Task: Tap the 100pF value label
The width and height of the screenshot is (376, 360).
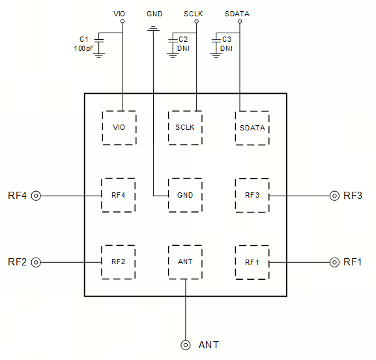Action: pos(83,48)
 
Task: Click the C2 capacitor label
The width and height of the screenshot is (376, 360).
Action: pos(183,39)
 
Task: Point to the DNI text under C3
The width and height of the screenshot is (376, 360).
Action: pos(226,48)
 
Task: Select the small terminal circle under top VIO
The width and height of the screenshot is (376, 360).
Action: pos(123,22)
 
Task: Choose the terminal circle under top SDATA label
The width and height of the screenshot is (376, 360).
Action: pos(240,22)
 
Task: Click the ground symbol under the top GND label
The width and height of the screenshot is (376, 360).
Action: pos(153,29)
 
